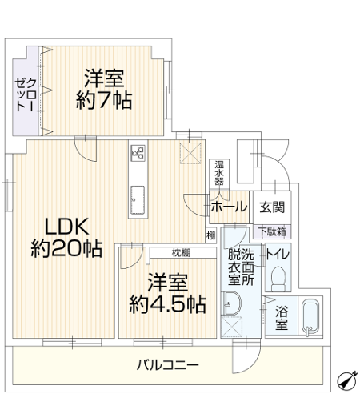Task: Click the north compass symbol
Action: click(346, 380)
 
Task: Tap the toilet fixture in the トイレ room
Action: click(278, 279)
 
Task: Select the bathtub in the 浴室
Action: click(310, 317)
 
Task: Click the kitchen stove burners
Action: click(138, 153)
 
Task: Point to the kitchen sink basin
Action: click(138, 200)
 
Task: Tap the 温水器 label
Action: click(219, 172)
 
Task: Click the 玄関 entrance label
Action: click(272, 207)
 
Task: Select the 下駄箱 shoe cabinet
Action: click(272, 231)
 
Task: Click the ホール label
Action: click(229, 207)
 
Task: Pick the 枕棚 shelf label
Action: click(181, 252)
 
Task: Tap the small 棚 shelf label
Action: click(211, 235)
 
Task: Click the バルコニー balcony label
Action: click(168, 365)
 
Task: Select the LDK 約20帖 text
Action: click(66, 238)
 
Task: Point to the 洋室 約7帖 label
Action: click(104, 90)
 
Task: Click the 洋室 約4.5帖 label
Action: click(168, 293)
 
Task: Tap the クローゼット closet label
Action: click(26, 94)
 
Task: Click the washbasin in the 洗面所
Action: click(232, 303)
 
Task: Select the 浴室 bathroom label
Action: click(282, 318)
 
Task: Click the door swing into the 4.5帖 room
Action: click(132, 258)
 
